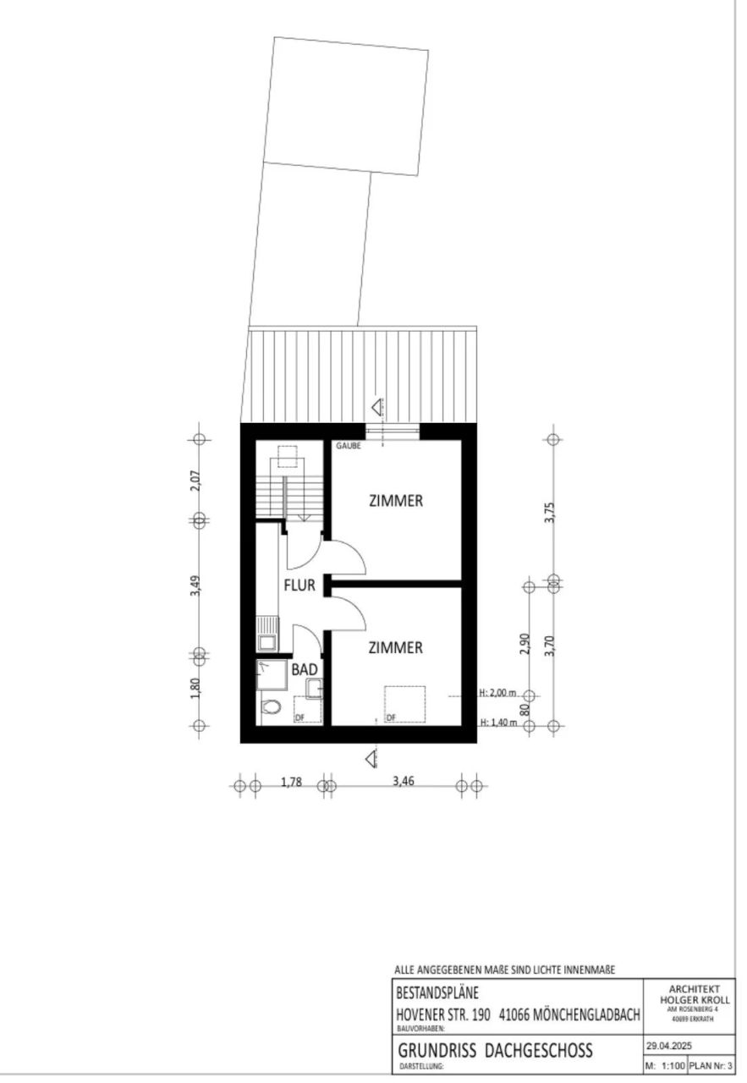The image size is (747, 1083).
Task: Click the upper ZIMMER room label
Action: pyautogui.click(x=395, y=501)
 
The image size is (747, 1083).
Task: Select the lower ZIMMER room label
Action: pyautogui.click(x=395, y=648)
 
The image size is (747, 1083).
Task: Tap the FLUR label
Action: pyautogui.click(x=299, y=584)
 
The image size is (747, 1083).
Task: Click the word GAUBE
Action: pyautogui.click(x=349, y=446)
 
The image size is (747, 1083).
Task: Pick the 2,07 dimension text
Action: pyautogui.click(x=195, y=480)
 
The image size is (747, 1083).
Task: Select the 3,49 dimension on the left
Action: pyautogui.click(x=195, y=586)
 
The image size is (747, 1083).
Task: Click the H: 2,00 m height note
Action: pyautogui.click(x=497, y=693)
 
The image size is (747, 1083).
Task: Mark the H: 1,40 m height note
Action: pyautogui.click(x=497, y=723)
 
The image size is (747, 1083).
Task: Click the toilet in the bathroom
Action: pyautogui.click(x=271, y=706)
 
